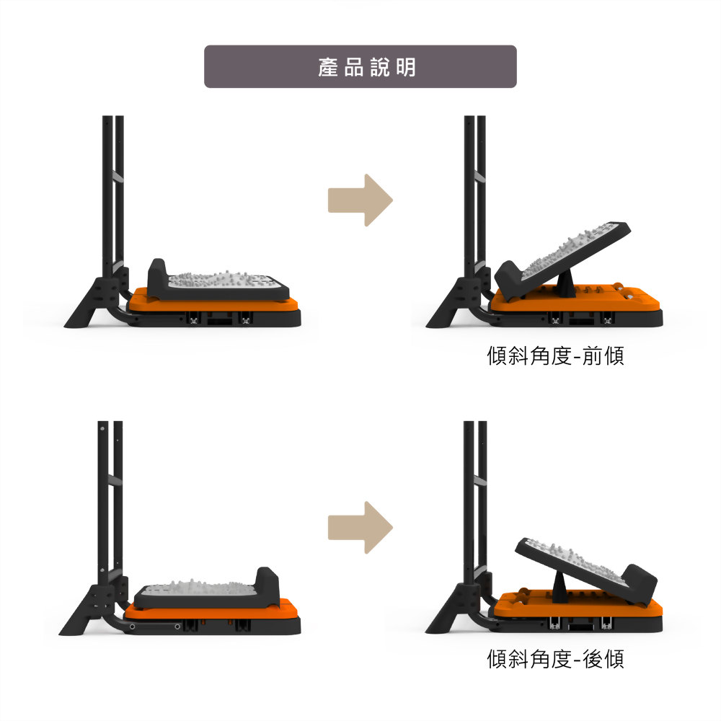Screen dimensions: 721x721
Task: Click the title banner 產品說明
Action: tap(360, 66)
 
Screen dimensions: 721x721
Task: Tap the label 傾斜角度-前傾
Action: tap(555, 355)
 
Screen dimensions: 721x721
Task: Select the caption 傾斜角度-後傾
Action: tap(555, 658)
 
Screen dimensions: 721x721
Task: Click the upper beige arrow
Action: tap(360, 200)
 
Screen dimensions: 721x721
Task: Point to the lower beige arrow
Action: tap(360, 528)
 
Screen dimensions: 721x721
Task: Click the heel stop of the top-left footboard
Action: tap(157, 276)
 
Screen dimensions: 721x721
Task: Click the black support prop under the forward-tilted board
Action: tap(566, 283)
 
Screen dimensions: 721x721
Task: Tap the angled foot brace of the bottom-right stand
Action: tap(447, 609)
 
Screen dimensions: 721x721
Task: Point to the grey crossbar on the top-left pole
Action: tap(118, 177)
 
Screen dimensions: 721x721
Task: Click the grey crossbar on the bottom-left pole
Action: tap(115, 480)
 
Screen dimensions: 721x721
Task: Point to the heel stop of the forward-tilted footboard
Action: tap(510, 280)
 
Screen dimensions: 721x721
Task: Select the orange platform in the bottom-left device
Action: tap(211, 611)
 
